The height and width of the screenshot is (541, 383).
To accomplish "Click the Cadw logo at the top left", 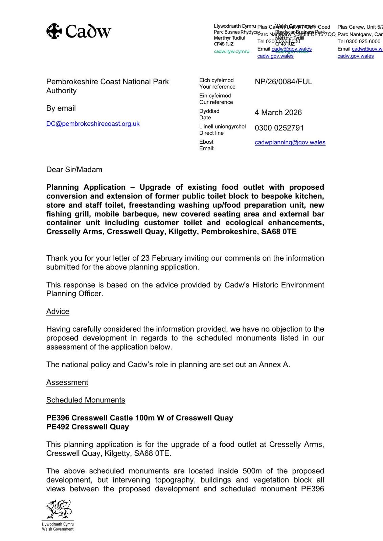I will (x=78, y=31).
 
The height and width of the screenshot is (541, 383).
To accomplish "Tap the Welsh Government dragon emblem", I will (x=58, y=509).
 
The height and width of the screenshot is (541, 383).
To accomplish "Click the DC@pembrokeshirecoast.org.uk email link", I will (x=93, y=124).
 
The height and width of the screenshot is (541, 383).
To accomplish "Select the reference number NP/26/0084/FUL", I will (x=283, y=82).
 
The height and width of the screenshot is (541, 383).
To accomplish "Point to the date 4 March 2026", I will (x=278, y=113).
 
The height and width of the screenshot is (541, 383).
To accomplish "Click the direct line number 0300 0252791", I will (x=279, y=128).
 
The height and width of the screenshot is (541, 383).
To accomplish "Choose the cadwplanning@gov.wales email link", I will (x=290, y=142).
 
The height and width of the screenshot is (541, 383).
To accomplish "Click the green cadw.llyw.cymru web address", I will (x=231, y=52).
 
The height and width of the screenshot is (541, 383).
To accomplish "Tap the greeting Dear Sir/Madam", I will (x=74, y=170).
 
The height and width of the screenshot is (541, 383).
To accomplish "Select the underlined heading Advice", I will (x=58, y=312).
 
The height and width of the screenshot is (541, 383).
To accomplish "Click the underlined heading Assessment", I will (x=67, y=383).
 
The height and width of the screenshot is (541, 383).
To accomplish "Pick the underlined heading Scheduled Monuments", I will (x=86, y=400).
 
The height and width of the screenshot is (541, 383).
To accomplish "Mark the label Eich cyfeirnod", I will (x=216, y=80).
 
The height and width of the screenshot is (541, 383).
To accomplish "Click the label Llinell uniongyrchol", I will (x=222, y=127).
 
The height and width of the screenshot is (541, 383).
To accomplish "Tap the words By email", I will (x=61, y=109).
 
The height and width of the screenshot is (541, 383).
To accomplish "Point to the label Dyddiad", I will (x=209, y=111).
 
